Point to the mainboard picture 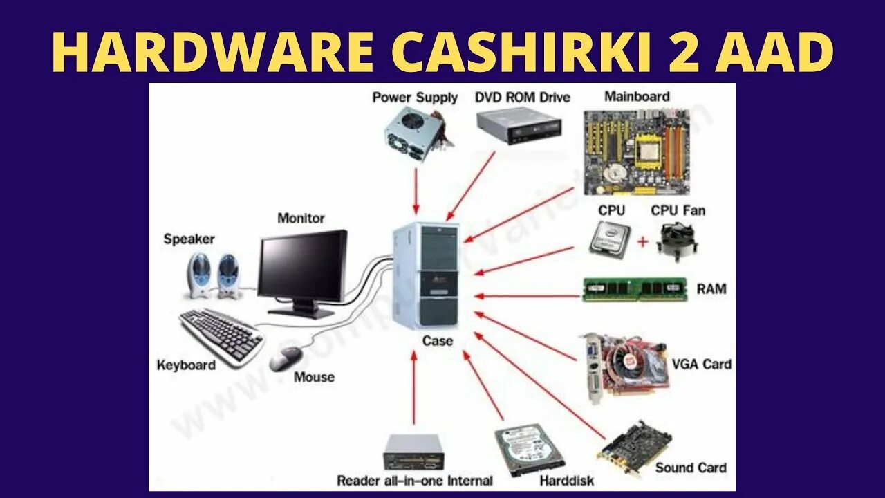click(x=635, y=151)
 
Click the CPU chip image click(x=610, y=239)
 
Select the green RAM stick click(x=634, y=290)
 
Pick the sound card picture click(x=634, y=449)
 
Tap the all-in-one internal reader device click(x=413, y=452)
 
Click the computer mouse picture click(x=286, y=358)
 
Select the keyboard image click(x=221, y=335)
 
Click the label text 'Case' click(x=437, y=340)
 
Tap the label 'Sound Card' click(x=691, y=468)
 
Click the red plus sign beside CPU click(x=642, y=241)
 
